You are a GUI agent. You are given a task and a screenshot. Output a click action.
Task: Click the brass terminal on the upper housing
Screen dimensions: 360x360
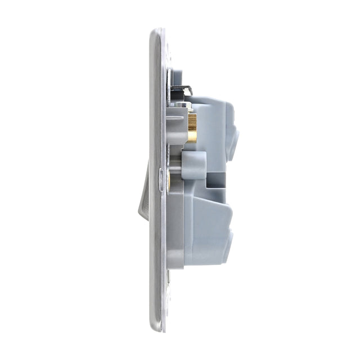pyautogui.click(x=192, y=128)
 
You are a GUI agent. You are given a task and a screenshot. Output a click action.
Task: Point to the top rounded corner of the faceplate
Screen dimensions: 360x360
pyautogui.click(x=157, y=34)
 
